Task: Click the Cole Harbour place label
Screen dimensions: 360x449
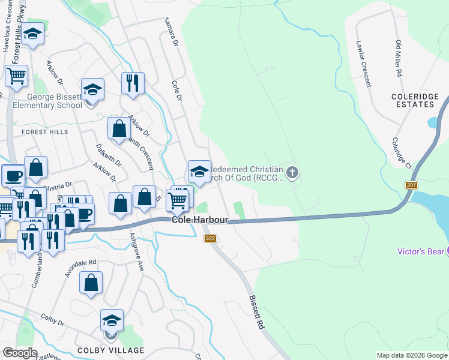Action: coord(200,220)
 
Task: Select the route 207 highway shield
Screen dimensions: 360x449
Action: coord(411,185)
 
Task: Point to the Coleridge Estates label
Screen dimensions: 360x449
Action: coord(412,100)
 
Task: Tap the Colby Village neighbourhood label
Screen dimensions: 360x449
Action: coord(110,350)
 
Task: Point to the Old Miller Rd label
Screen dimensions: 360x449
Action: coord(399,59)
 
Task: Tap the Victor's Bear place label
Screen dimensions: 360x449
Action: coord(421,251)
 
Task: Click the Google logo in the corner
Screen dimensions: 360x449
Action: coord(19,353)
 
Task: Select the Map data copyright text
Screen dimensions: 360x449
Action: coord(411,355)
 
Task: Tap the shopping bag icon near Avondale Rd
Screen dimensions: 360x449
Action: coord(91,284)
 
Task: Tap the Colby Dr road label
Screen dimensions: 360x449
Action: coord(53,321)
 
